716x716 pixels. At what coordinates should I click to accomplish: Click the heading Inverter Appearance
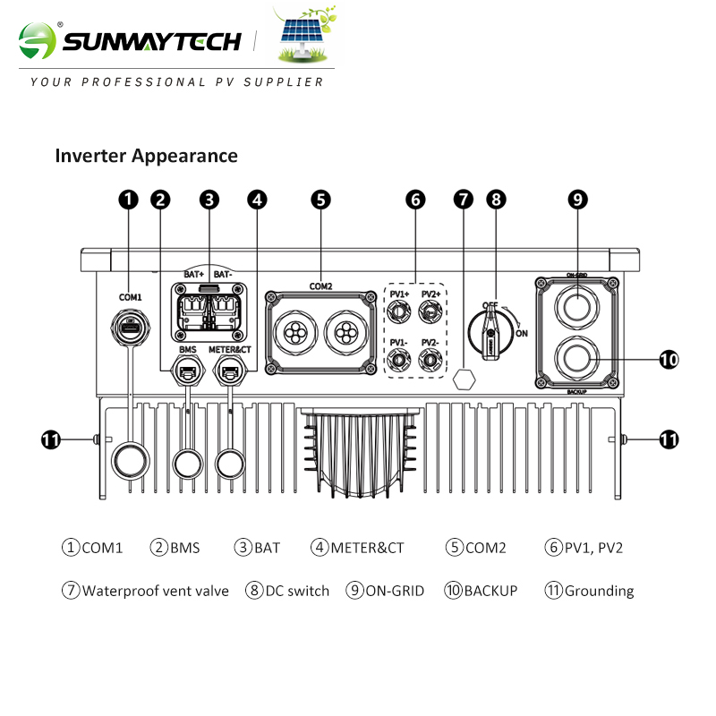pos(147,156)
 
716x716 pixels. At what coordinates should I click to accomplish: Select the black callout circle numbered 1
pos(129,200)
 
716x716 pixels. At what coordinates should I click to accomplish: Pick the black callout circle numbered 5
pos(321,200)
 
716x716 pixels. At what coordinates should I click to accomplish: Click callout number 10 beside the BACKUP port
pos(669,360)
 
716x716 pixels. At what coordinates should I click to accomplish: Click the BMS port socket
pos(188,370)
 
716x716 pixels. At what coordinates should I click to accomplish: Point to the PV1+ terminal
pos(399,311)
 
